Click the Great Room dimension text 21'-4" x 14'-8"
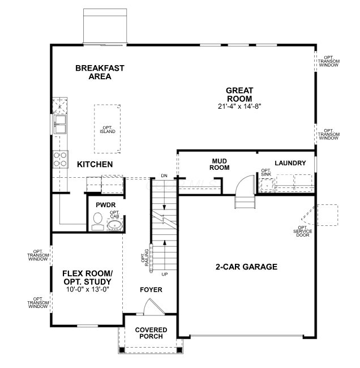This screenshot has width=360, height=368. point(239,106)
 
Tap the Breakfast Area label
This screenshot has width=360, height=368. point(100,72)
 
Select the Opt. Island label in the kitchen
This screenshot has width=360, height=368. point(108,130)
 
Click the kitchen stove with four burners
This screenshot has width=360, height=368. point(61,159)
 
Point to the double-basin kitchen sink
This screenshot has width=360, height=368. point(60,124)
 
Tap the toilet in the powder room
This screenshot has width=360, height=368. point(97,221)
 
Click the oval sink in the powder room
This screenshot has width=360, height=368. point(115,225)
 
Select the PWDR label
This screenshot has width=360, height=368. point(106,205)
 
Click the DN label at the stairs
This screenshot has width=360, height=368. point(164,176)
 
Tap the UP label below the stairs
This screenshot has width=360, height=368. point(165,274)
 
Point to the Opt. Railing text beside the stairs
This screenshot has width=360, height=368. point(145,258)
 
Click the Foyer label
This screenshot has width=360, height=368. point(151,290)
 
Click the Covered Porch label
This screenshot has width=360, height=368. point(151,333)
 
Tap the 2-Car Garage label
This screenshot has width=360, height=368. point(246,267)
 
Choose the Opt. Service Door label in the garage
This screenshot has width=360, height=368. point(303,231)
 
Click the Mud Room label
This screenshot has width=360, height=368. point(220,164)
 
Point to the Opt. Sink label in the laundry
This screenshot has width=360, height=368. point(266,172)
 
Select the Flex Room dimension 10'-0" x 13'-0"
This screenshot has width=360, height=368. point(88,289)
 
